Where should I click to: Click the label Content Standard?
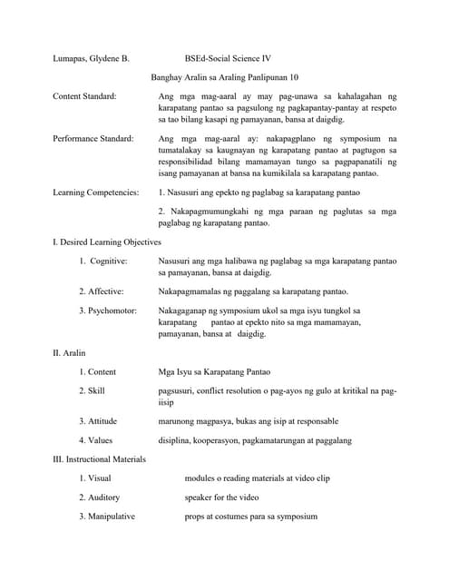click(84, 95)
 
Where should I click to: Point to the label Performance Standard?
click(93, 138)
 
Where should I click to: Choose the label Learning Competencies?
click(96, 192)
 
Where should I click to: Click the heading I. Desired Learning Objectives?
click(107, 242)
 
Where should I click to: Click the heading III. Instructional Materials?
click(100, 459)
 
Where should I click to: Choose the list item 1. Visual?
click(95, 478)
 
